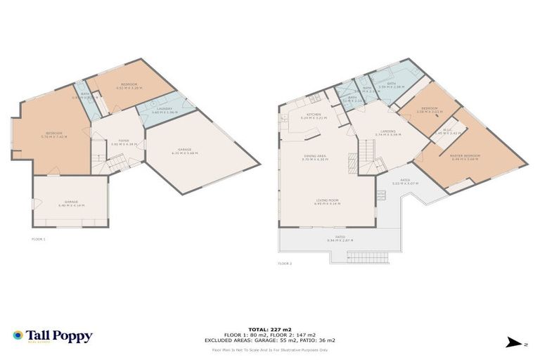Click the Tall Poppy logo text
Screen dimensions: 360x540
59,336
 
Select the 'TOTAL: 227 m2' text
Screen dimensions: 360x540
269,329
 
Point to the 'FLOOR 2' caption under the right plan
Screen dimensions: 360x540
284,263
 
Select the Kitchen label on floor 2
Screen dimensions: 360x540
314,115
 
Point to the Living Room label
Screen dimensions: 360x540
328,200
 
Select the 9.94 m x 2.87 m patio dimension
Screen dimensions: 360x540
340,240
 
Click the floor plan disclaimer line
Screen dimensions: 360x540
269,349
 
